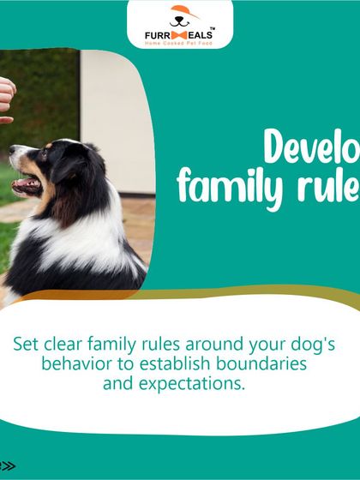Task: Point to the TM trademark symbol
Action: click(x=212, y=26)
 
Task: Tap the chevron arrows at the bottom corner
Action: click(x=8, y=465)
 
